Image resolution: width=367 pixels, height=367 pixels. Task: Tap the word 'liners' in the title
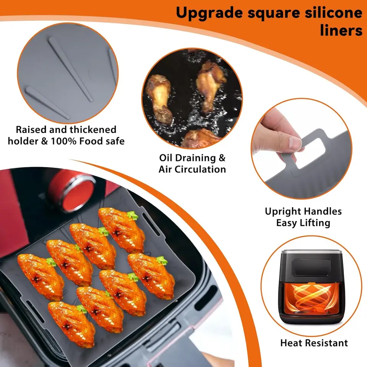tap(341, 31)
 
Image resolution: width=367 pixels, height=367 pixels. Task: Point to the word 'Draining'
tap(195, 158)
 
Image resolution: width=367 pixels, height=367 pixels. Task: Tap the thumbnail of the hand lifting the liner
tap(302, 148)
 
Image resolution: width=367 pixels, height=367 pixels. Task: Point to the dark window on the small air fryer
tap(311, 267)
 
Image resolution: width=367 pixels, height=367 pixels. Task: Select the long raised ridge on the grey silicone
tap(70, 69)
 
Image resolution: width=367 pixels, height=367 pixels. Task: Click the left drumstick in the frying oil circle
tap(159, 98)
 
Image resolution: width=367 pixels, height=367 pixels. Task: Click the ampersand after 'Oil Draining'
tap(222, 158)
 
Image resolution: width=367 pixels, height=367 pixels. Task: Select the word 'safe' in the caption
tap(115, 141)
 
